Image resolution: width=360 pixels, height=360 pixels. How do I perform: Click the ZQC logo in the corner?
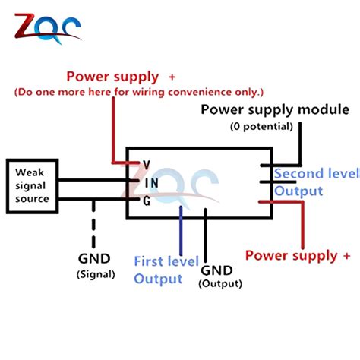click(x=48, y=29)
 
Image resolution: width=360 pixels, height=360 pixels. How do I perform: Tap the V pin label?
click(x=147, y=165)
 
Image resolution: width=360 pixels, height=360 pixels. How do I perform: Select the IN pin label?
click(x=152, y=183)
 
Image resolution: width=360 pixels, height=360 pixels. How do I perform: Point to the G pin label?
click(x=147, y=201)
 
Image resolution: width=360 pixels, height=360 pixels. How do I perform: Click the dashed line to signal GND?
click(x=93, y=224)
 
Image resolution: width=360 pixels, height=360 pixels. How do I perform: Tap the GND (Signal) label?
click(x=96, y=266)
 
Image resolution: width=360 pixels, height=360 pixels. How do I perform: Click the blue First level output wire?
click(x=181, y=230)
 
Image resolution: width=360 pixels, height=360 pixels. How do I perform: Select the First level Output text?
click(x=166, y=270)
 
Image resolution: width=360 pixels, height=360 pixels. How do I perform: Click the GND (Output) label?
click(x=220, y=276)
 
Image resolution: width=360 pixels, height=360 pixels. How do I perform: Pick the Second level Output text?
click(x=317, y=182)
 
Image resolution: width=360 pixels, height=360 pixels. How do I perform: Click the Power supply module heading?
click(x=275, y=110)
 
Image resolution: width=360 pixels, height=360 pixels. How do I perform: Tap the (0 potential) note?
click(x=261, y=126)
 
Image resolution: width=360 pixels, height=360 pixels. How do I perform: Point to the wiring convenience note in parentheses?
click(x=139, y=92)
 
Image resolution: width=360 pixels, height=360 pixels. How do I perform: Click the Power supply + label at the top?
click(x=121, y=77)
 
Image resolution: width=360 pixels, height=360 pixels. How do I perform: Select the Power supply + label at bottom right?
click(x=298, y=255)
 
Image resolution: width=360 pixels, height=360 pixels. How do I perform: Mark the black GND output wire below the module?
click(x=205, y=235)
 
